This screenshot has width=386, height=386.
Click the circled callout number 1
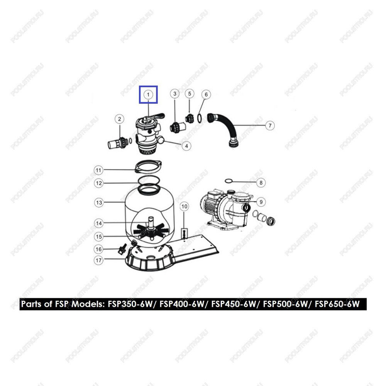pos(148,95)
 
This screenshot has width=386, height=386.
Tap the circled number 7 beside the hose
pos(270,125)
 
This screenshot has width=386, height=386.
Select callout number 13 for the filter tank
pos(99,203)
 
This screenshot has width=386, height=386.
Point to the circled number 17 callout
pos(99,260)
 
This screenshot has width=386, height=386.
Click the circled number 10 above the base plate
pos(185,207)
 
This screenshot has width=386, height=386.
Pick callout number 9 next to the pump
pos(261,202)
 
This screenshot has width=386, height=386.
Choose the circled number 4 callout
pos(186,146)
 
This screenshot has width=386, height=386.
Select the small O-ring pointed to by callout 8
pos(229,181)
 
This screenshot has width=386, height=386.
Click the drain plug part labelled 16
pos(122,249)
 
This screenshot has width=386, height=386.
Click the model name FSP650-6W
pos(337,304)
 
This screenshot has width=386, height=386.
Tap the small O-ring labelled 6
pos(200,118)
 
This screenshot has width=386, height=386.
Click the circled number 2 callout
pos(119,119)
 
